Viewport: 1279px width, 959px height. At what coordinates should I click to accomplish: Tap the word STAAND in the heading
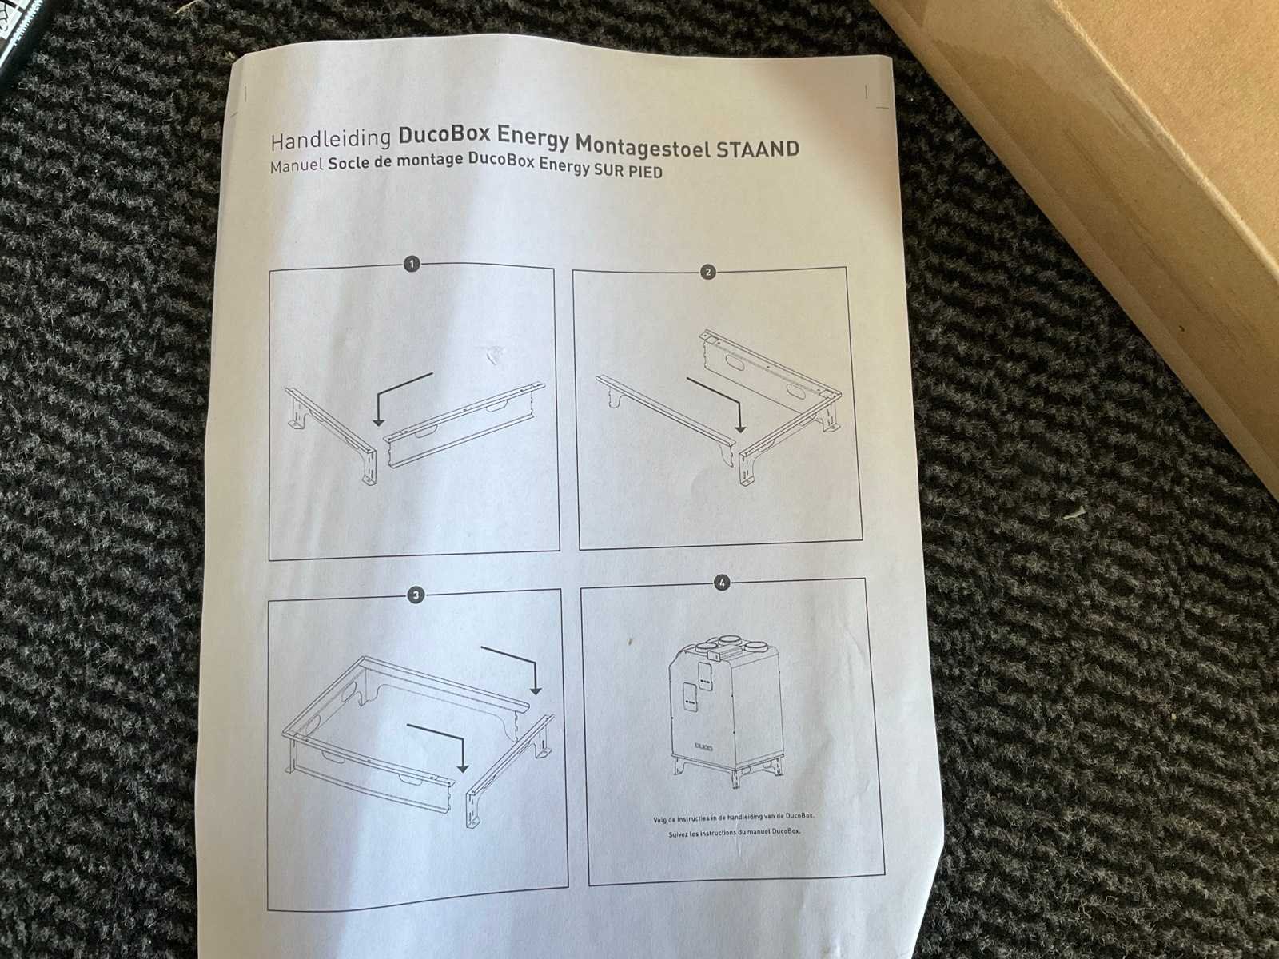757,149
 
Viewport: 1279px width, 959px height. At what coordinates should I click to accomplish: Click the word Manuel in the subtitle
296,167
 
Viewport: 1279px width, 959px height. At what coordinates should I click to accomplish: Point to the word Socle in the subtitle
348,165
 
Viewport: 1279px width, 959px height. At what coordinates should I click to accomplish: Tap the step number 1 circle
412,264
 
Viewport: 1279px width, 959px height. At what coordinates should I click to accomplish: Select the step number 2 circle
708,272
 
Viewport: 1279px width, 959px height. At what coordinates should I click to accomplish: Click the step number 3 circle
416,595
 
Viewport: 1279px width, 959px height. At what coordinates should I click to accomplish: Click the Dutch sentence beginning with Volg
734,818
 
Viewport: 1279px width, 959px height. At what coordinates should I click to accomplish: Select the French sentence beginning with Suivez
734,833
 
